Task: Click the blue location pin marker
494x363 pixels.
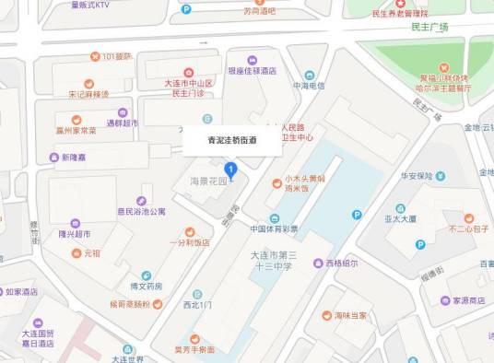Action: click(231, 170)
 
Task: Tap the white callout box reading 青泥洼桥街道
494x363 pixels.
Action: click(231, 141)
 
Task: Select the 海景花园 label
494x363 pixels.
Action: click(208, 181)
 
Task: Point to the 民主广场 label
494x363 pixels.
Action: click(430, 28)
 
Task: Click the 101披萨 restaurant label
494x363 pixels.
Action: click(117, 57)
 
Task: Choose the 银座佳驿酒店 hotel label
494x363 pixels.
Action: click(253, 70)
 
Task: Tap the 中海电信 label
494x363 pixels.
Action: click(310, 86)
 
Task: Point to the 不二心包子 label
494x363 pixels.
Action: click(468, 228)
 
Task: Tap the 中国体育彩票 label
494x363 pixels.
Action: click(274, 228)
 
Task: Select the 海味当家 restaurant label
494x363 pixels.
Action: click(350, 315)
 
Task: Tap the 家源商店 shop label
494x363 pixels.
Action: click(463, 300)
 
